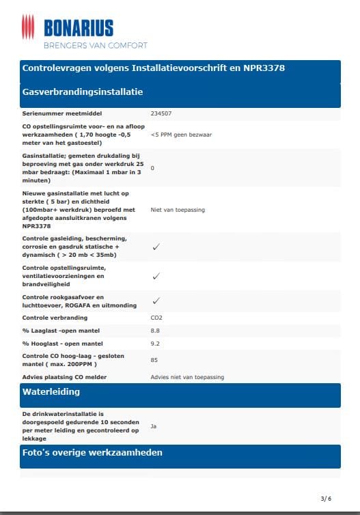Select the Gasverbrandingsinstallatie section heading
[83, 92]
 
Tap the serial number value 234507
[162, 113]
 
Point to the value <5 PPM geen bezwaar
[181, 135]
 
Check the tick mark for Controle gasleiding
[156, 247]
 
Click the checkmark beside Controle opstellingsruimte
[156, 276]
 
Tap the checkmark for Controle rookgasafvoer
[156, 301]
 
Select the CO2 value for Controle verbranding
[156, 318]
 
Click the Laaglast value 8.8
[155, 331]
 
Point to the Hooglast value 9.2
[155, 344]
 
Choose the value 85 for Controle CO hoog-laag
[154, 360]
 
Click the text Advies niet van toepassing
[186, 377]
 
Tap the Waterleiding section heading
[51, 392]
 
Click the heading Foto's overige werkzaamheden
[92, 452]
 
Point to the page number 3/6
[326, 498]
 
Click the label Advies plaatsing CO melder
[64, 377]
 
